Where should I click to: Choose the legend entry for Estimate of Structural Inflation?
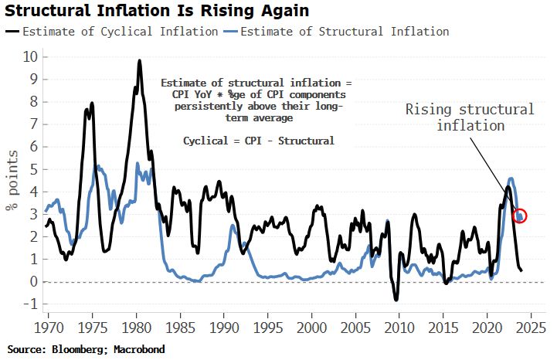345,32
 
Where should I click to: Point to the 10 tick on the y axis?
30,57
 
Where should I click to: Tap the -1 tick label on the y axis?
29,304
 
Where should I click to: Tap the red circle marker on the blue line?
520,216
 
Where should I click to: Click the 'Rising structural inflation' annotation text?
470,117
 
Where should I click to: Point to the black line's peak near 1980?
139,60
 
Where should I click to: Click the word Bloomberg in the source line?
83,350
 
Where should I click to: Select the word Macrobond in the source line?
138,350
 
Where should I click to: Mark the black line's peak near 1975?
92,103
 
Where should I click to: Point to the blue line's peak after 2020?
510,178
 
